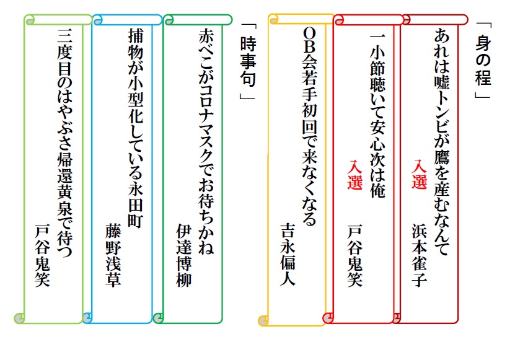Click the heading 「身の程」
[x=483, y=61]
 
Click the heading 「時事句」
[x=248, y=61]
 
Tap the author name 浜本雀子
[x=420, y=255]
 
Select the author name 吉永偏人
[x=288, y=255]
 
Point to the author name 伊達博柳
[x=184, y=255]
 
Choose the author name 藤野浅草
[x=113, y=255]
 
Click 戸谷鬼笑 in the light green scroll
[x=43, y=255]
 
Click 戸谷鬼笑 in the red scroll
[x=355, y=255]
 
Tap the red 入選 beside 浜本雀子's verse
[x=420, y=175]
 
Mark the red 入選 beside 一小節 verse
[x=355, y=175]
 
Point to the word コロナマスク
[x=206, y=125]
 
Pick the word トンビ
[x=442, y=113]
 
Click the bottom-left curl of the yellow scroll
[x=263, y=320]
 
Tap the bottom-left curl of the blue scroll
[x=87, y=318]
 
